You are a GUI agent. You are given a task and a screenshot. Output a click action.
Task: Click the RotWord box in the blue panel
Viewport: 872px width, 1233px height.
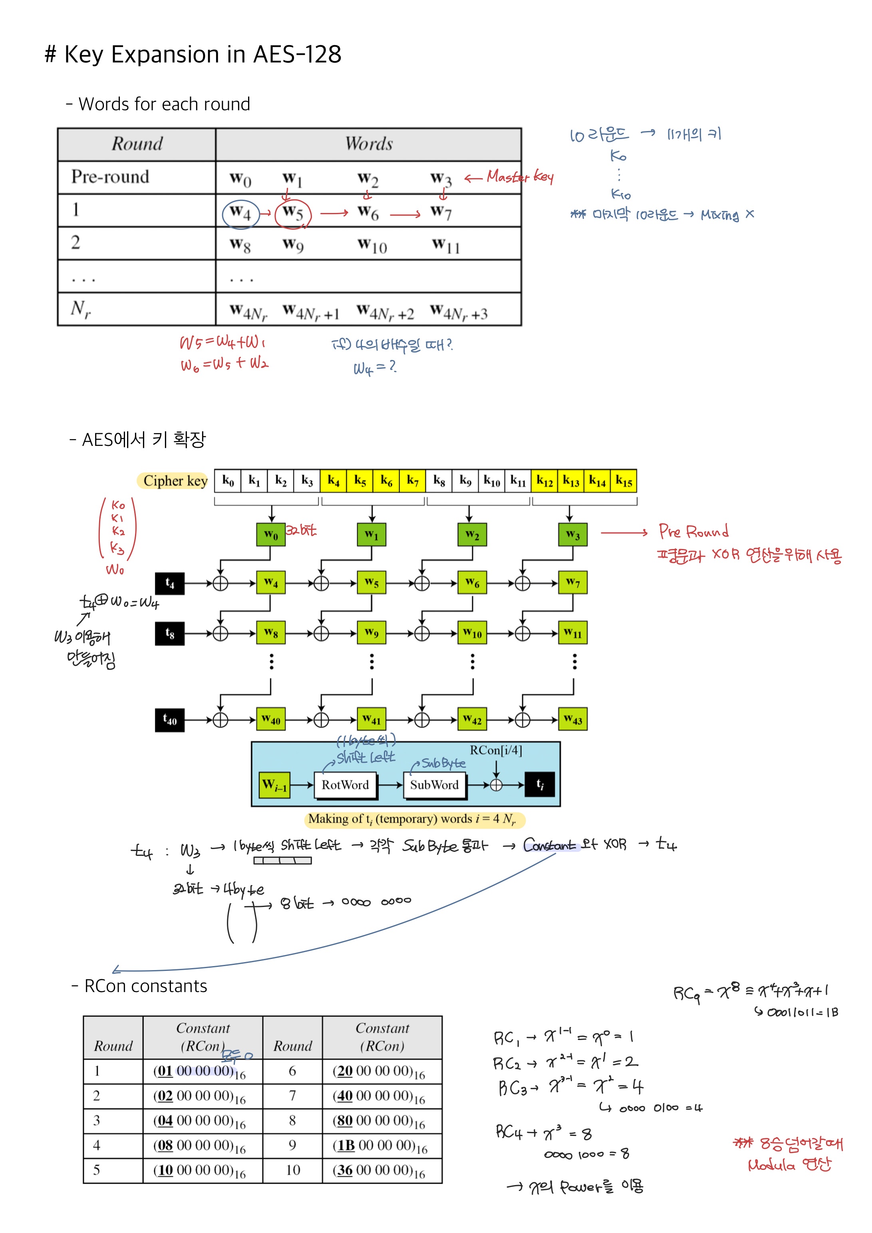(x=345, y=785)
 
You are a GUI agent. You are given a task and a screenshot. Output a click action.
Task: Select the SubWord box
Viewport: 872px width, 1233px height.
(x=434, y=785)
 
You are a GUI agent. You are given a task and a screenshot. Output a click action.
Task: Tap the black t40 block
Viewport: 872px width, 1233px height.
(x=170, y=720)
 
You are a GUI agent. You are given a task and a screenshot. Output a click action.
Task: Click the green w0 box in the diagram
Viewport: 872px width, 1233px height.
(x=271, y=535)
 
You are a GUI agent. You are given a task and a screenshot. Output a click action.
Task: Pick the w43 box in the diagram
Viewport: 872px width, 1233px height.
(x=573, y=720)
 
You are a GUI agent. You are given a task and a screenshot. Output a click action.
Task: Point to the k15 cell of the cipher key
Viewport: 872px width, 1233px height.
(x=624, y=481)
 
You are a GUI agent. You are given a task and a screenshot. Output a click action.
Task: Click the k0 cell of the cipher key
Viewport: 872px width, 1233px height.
(x=228, y=481)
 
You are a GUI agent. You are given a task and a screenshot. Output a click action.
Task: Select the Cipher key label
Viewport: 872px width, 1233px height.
(x=175, y=481)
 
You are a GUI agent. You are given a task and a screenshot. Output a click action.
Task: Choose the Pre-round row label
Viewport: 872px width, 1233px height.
(x=110, y=177)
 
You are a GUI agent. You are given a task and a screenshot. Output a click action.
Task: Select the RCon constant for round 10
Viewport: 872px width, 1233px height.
(x=379, y=1170)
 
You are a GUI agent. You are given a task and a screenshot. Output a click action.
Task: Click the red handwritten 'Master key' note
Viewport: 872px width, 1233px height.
(x=519, y=177)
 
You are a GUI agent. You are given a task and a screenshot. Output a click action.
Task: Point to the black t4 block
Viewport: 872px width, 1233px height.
(x=170, y=583)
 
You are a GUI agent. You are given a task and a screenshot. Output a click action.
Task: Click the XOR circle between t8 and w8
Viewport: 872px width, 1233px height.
(x=220, y=634)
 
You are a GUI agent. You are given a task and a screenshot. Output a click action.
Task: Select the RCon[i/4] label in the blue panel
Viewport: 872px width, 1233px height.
(x=496, y=750)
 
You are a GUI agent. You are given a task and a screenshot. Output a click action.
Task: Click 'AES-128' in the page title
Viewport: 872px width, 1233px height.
(x=297, y=54)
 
